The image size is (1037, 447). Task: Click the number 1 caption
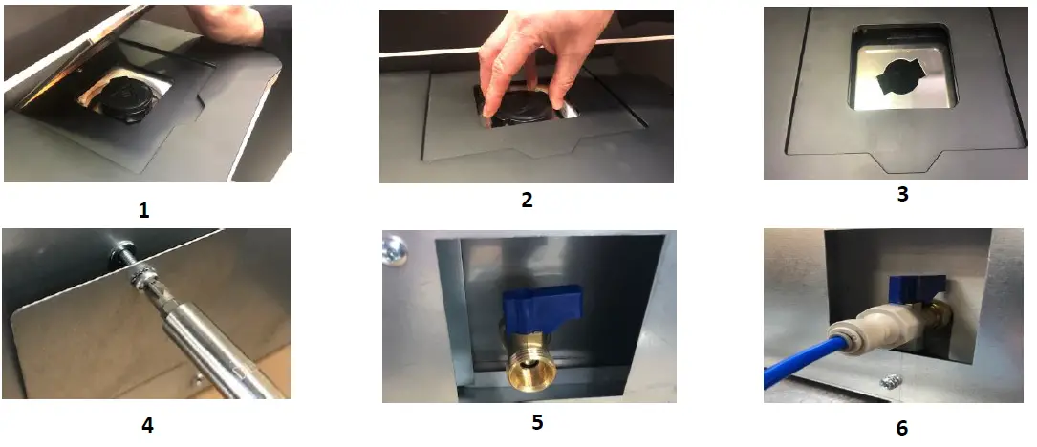click(143, 211)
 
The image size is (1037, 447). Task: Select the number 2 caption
click(526, 200)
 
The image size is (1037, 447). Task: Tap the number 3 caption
click(901, 195)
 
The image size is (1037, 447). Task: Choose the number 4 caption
click(147, 426)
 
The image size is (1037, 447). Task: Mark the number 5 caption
click(537, 421)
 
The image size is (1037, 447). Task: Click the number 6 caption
click(901, 428)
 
